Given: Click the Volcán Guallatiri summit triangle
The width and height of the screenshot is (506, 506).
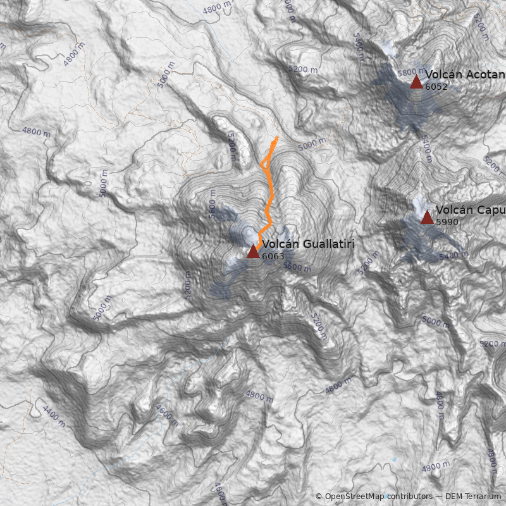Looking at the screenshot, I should coord(253,251).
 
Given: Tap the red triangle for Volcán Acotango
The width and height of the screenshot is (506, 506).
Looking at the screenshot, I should coord(416,82).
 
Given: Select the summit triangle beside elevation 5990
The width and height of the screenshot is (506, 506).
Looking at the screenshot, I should coord(427,218).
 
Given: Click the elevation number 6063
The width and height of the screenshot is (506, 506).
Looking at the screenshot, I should coord(273,256).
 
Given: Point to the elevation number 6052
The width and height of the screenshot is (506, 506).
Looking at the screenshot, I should coord(436,87).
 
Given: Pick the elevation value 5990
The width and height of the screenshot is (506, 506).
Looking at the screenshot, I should coord(447,222).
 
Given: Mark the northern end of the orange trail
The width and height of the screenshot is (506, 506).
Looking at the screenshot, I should coord(277,137).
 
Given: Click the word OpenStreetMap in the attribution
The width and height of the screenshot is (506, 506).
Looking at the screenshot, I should coord(355,497).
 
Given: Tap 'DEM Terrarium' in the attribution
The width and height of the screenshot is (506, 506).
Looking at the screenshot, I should coord(473,497).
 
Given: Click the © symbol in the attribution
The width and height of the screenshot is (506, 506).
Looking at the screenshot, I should coord(319,497).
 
